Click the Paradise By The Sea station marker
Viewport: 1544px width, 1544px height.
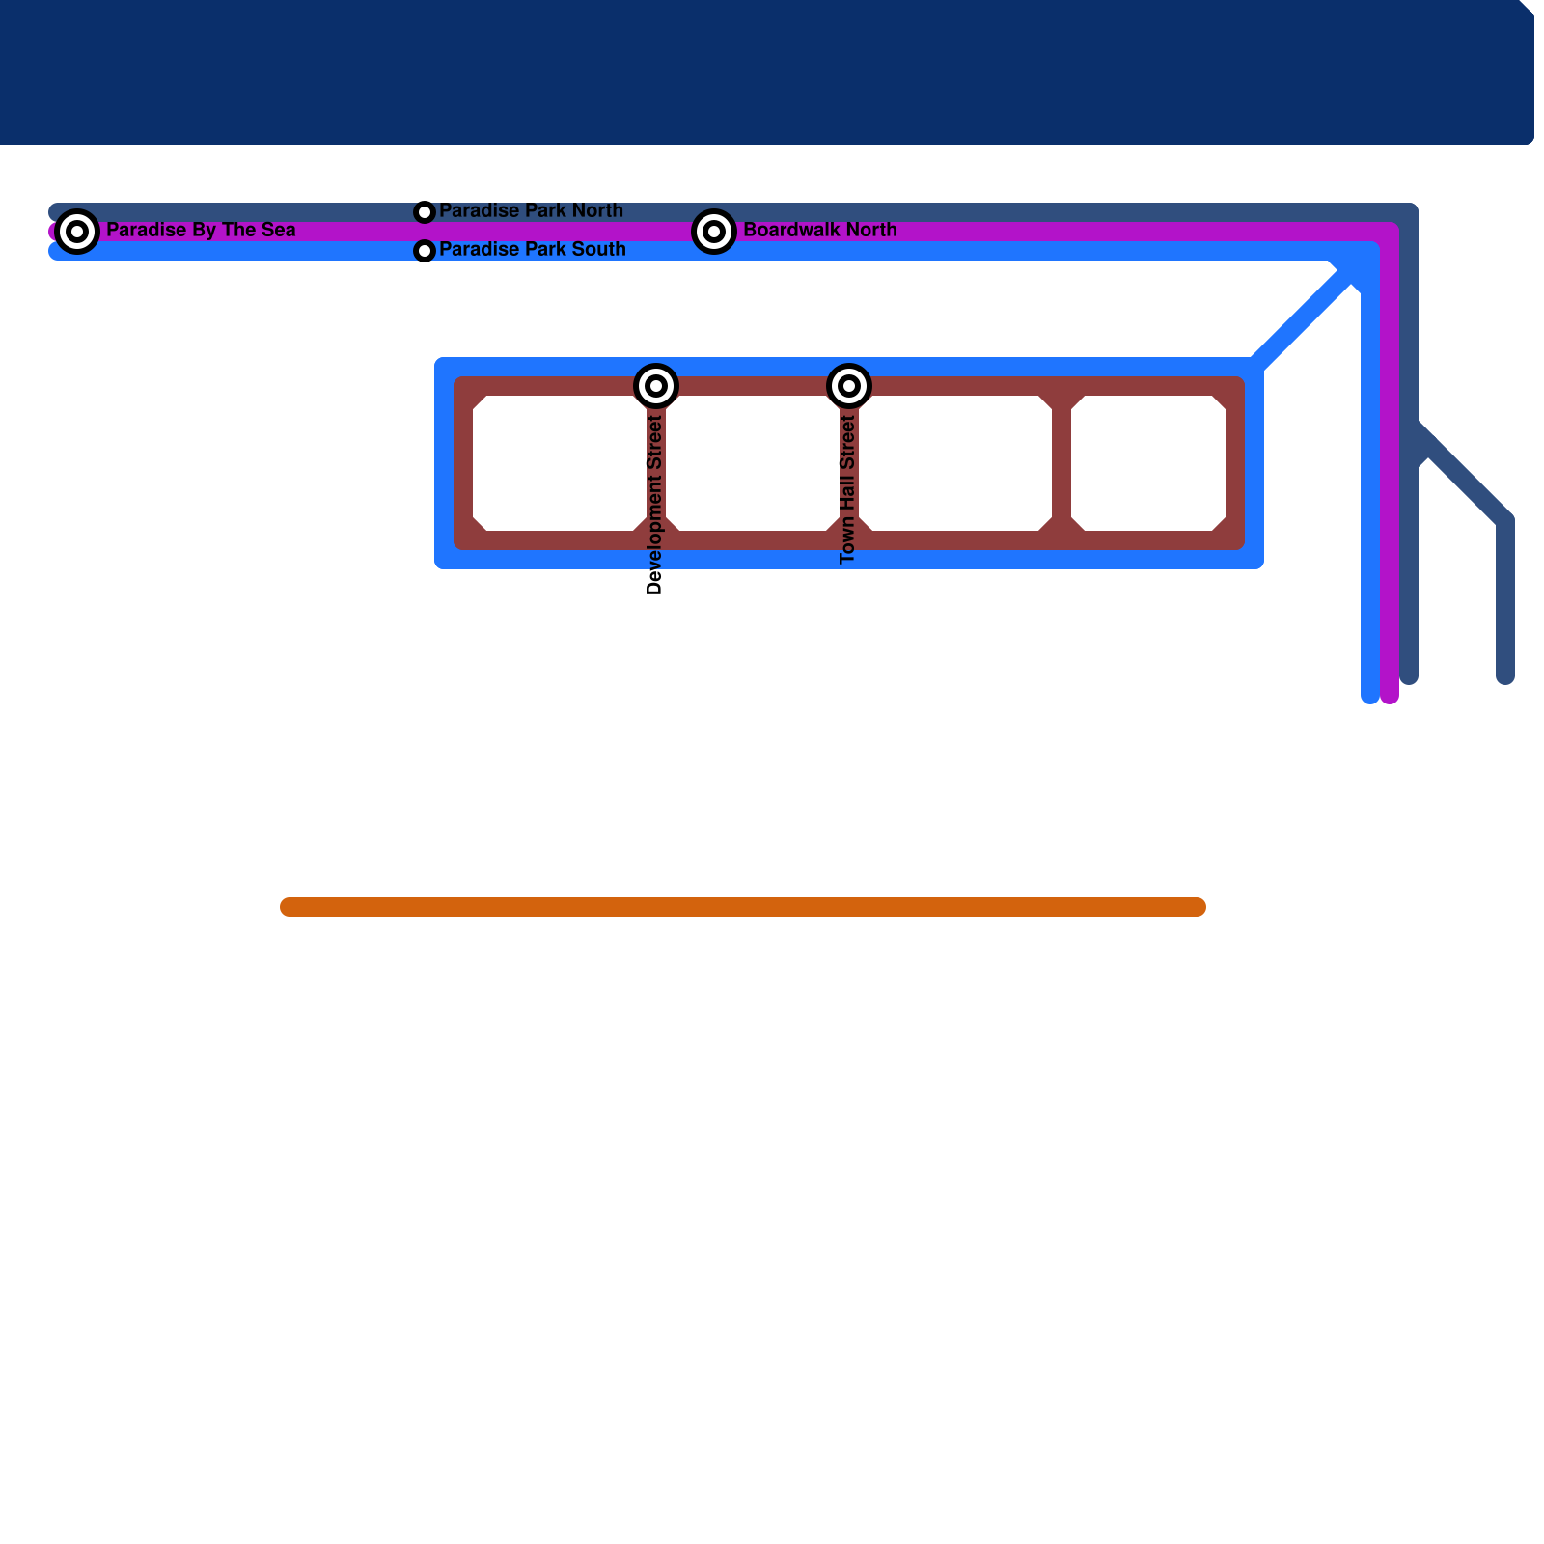[x=77, y=232]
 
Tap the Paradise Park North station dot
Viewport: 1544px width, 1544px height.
[x=425, y=212]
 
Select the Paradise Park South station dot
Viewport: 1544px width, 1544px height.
[x=425, y=251]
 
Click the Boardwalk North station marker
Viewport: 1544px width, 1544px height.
[x=714, y=232]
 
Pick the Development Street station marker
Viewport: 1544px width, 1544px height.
[x=656, y=386]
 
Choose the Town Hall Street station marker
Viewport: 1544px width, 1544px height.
[x=849, y=386]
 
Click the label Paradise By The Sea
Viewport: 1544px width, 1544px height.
[x=201, y=231]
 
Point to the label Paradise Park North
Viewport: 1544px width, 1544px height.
[x=531, y=210]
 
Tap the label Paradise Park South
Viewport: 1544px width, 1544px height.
[x=532, y=249]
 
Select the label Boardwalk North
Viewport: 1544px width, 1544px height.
[x=820, y=231]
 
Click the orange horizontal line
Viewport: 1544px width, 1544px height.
[x=743, y=907]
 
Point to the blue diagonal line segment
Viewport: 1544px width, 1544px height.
[x=1303, y=318]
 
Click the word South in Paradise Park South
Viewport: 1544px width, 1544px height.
[x=599, y=249]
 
